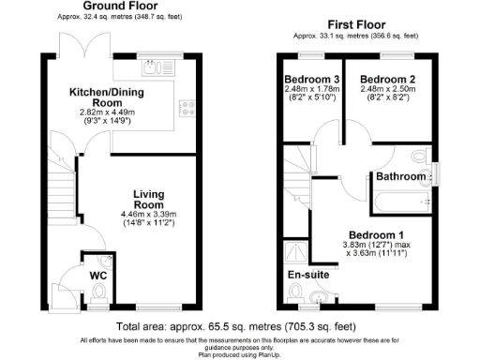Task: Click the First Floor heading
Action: (x=357, y=23)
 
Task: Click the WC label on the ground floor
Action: (x=98, y=277)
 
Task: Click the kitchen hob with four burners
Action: (x=187, y=108)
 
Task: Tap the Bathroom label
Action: (x=400, y=175)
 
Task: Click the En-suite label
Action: (x=307, y=276)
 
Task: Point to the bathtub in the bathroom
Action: (x=397, y=199)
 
